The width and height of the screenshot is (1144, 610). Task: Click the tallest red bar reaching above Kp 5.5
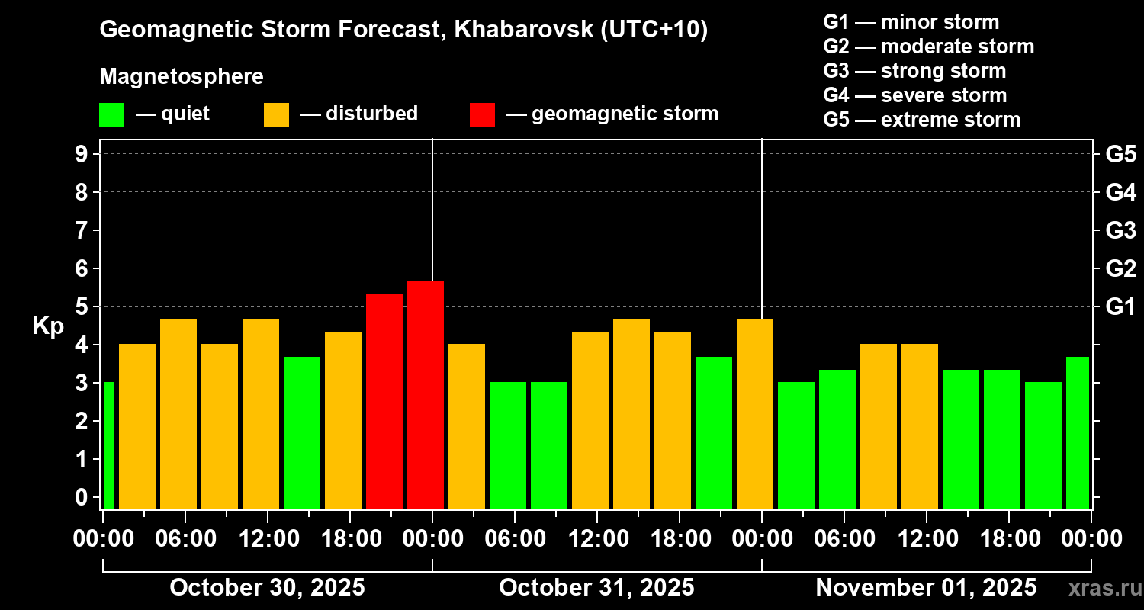[x=426, y=394]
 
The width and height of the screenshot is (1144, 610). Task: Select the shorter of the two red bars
[x=384, y=400]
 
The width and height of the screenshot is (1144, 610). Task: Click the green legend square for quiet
[x=111, y=115]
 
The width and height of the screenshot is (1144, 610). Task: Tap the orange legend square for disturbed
[x=276, y=115]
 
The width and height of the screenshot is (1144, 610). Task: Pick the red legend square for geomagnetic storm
[x=482, y=115]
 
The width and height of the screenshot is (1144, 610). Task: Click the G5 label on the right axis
[x=1120, y=155]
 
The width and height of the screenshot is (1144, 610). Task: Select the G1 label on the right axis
[x=1120, y=307]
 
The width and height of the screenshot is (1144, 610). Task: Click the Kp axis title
[x=48, y=326]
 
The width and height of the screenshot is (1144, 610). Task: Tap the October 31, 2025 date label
[x=596, y=588]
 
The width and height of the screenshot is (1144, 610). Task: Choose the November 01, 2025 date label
[x=926, y=588]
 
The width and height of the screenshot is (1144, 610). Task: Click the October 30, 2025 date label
[x=267, y=588]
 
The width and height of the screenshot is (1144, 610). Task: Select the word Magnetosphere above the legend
[x=182, y=77]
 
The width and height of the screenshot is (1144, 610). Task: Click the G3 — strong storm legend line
[x=914, y=71]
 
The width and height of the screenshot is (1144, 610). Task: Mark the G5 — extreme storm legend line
[x=921, y=120]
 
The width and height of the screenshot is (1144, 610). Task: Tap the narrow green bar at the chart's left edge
[x=108, y=445]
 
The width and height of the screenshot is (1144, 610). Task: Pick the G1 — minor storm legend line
[x=911, y=22]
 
